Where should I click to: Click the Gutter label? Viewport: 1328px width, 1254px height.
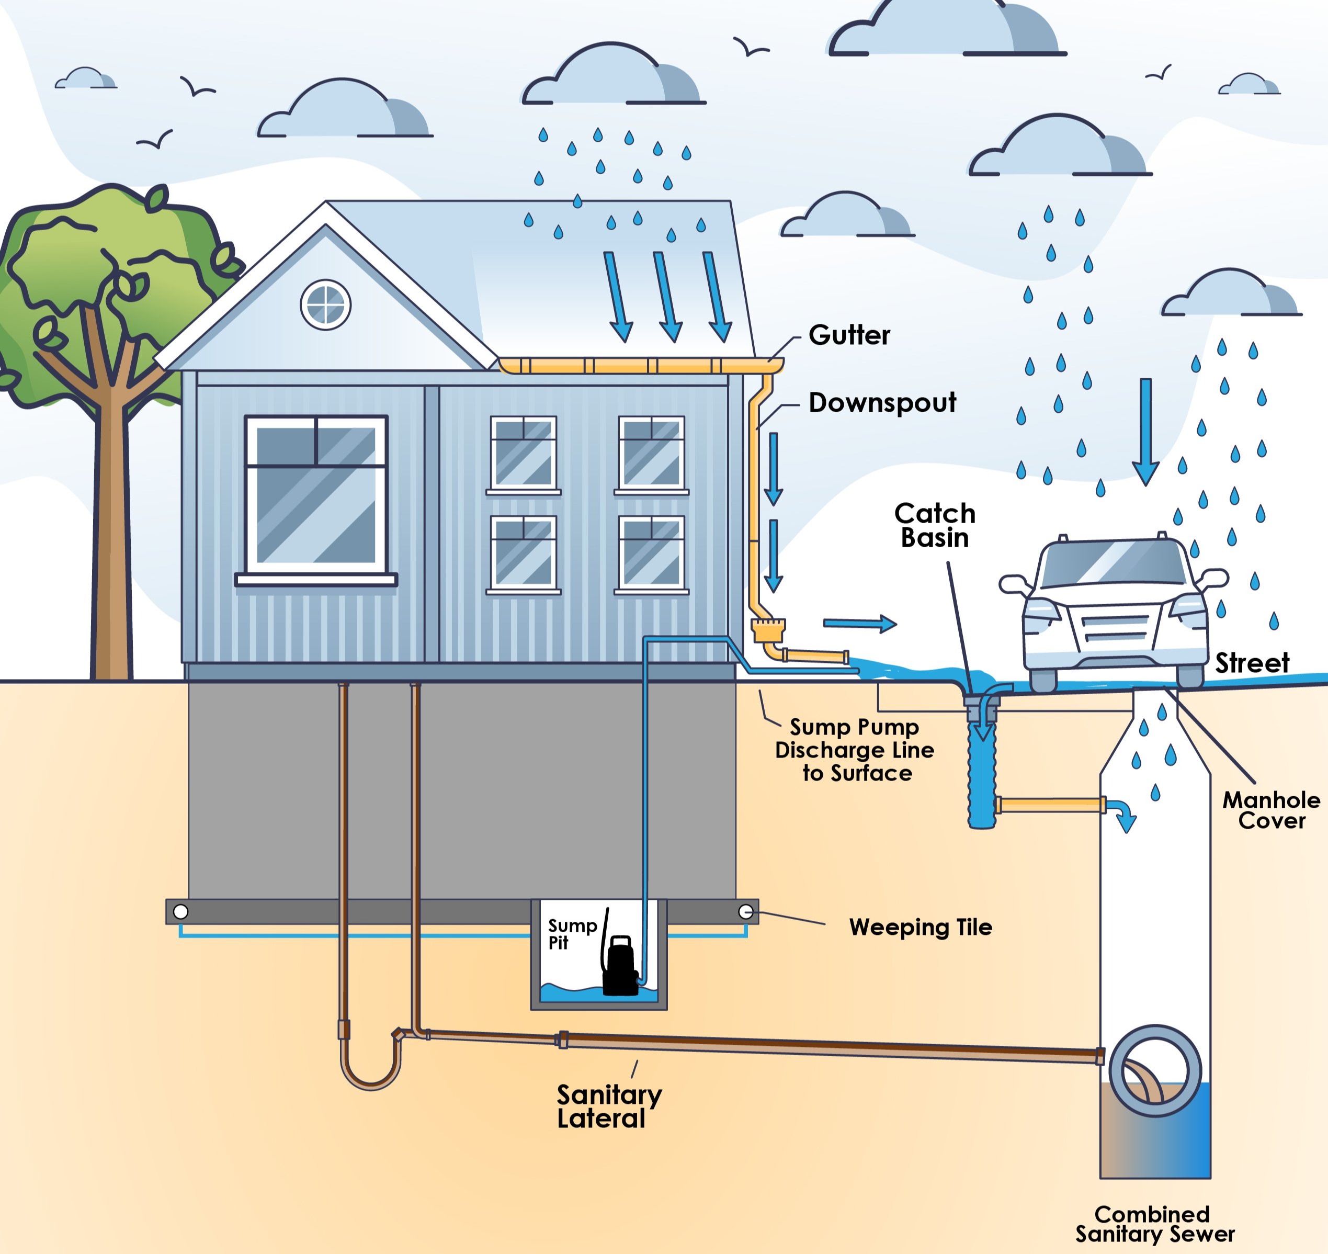pos(849,335)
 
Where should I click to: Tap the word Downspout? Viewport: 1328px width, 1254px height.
pos(882,402)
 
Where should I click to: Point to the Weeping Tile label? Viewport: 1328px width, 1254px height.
pos(921,927)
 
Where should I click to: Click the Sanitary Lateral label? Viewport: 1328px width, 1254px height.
pos(608,1106)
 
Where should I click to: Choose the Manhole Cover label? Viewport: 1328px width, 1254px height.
pos(1270,810)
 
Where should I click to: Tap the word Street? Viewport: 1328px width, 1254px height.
pos(1252,663)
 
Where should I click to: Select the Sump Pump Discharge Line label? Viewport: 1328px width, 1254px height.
pos(855,750)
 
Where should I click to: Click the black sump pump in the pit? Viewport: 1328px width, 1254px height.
pos(620,967)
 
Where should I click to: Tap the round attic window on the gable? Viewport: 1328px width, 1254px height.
pos(325,305)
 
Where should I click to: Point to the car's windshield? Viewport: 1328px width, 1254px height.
pos(1113,563)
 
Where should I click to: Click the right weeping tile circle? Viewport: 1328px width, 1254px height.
pos(745,912)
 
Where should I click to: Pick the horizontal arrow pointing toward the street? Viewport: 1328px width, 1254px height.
pos(859,623)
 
